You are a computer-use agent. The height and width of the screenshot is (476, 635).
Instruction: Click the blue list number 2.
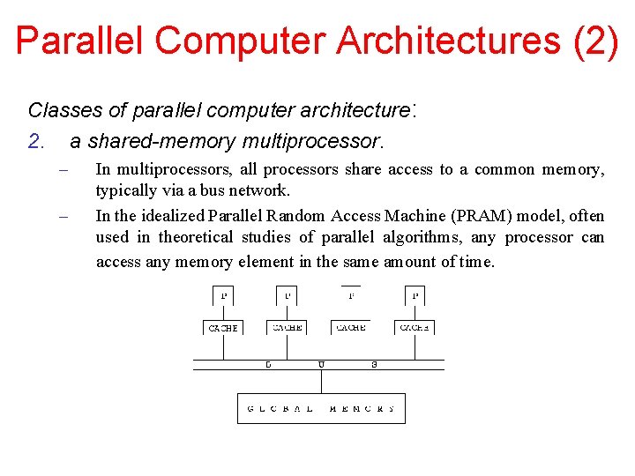click(35, 140)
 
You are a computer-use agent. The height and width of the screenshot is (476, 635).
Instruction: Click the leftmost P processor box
click(224, 295)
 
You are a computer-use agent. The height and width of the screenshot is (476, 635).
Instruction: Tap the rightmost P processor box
click(414, 295)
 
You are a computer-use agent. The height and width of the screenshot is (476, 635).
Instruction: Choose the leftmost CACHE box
click(223, 327)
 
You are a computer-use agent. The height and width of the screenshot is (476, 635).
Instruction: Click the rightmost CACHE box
click(414, 327)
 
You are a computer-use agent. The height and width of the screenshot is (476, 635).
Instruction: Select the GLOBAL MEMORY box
click(321, 408)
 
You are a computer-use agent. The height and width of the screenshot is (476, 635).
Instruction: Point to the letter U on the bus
click(321, 364)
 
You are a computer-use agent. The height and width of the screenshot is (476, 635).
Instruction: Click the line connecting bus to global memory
click(321, 381)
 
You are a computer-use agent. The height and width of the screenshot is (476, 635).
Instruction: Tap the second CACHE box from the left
click(287, 327)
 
